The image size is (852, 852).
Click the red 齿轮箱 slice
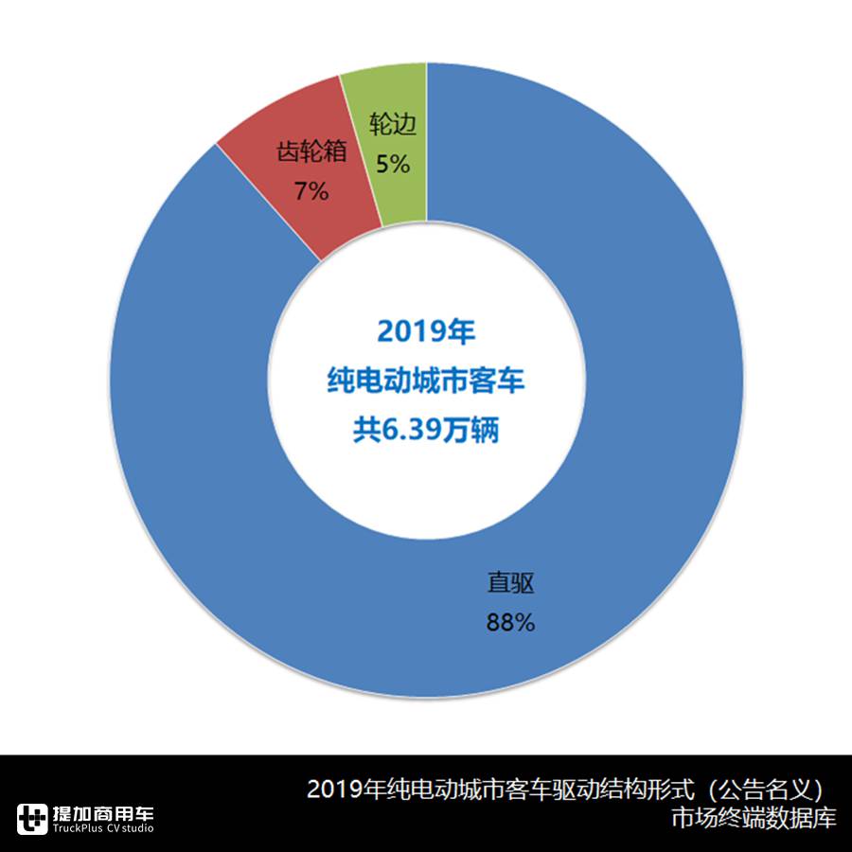pos(284,204)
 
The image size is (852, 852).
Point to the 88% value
pos(511,623)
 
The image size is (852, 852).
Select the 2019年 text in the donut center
pos(425,331)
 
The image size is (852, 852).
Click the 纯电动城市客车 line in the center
pos(425,382)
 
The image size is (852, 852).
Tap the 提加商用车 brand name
pos(103,812)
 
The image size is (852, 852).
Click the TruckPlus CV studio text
pos(103,829)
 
